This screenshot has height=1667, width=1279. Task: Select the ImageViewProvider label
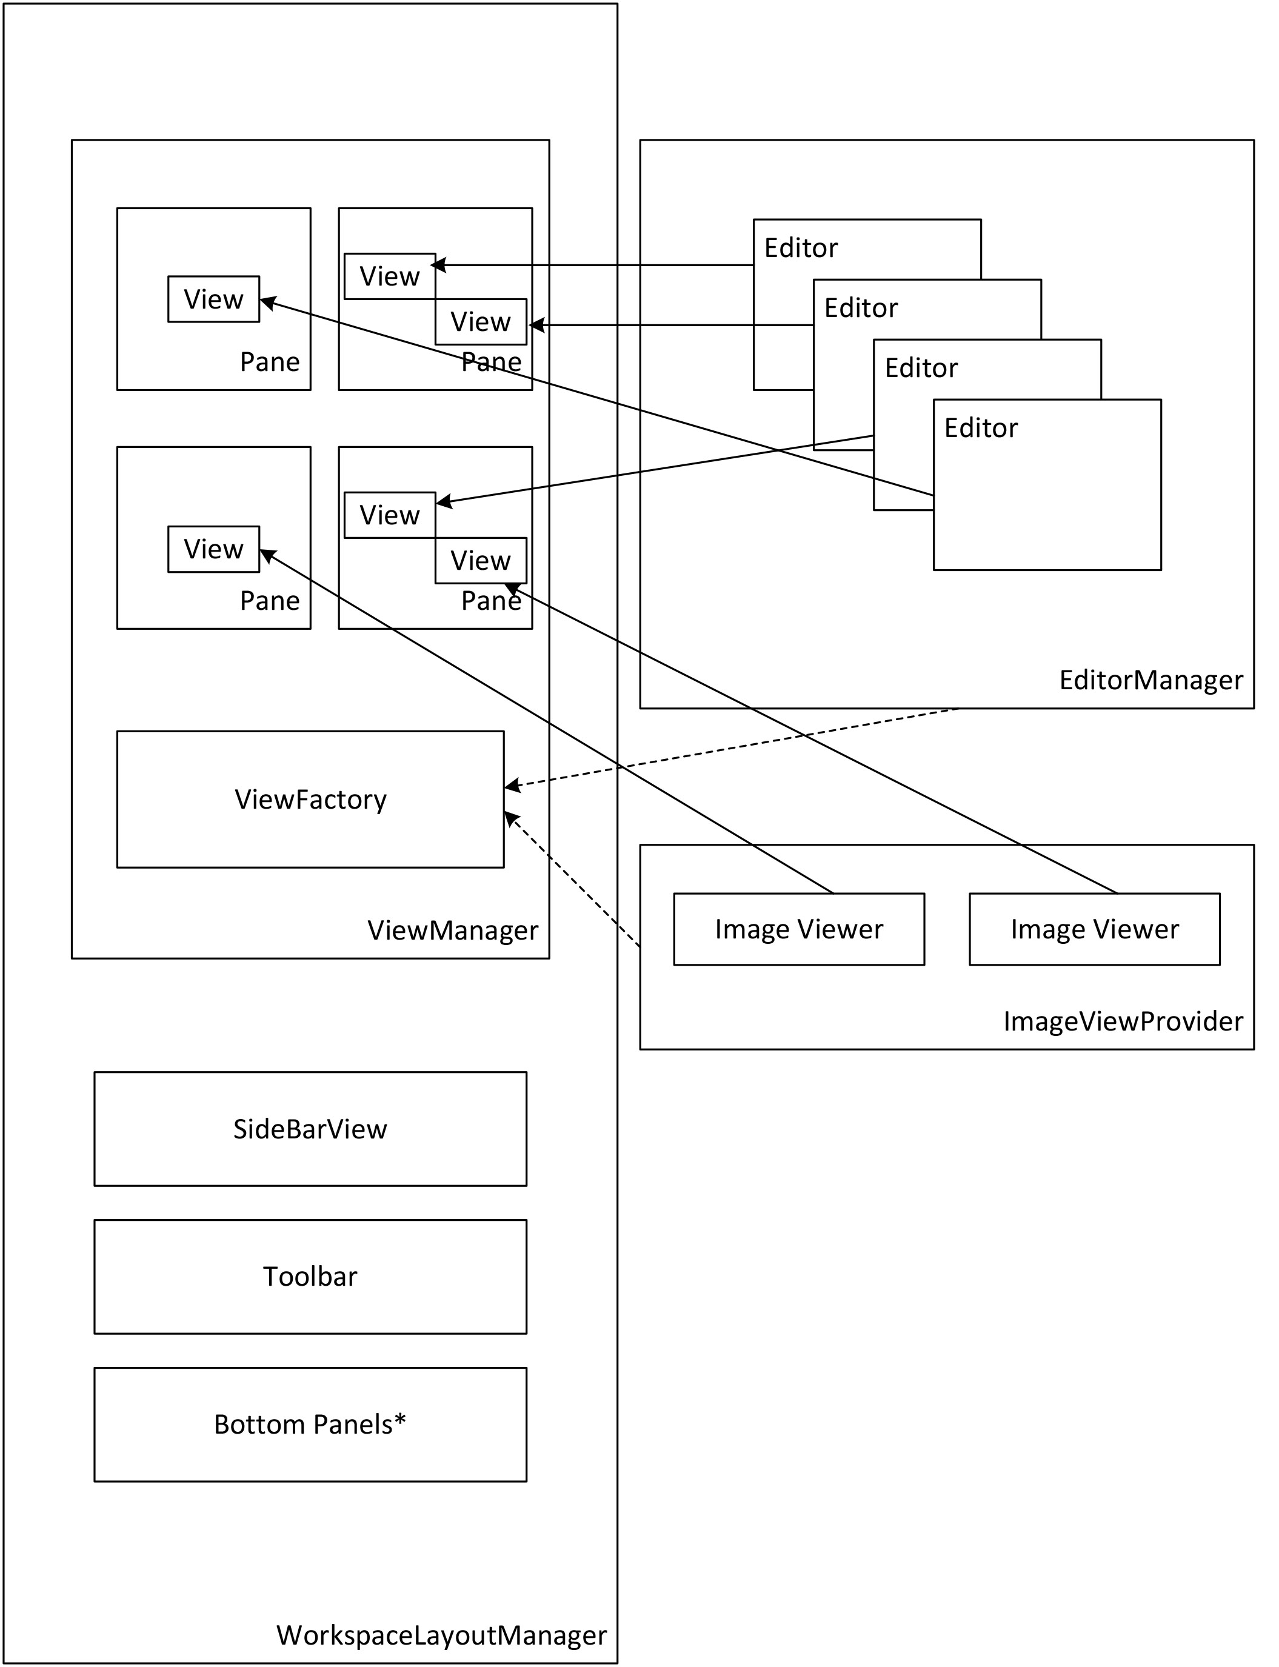1123,1021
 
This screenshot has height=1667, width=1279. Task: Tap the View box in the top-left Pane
213,299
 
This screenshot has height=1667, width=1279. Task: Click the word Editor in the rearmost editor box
801,248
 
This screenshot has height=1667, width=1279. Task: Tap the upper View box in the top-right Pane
389,276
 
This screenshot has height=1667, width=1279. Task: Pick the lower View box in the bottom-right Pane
481,560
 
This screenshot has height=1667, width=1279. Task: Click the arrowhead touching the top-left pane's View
268,302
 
